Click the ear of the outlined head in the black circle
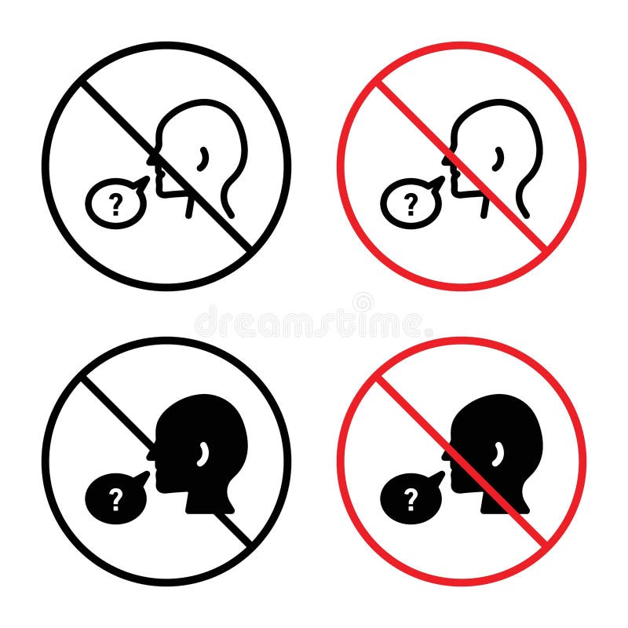point(204,157)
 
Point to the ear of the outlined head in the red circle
point(499,157)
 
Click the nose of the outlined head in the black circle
point(150,161)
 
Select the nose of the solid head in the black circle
point(150,456)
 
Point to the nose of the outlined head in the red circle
point(445,161)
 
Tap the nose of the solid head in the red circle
point(445,456)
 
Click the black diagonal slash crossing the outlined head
point(118,118)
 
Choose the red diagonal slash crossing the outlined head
point(413,118)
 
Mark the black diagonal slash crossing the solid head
point(118,413)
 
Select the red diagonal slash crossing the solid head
point(413,413)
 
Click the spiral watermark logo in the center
point(363,301)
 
